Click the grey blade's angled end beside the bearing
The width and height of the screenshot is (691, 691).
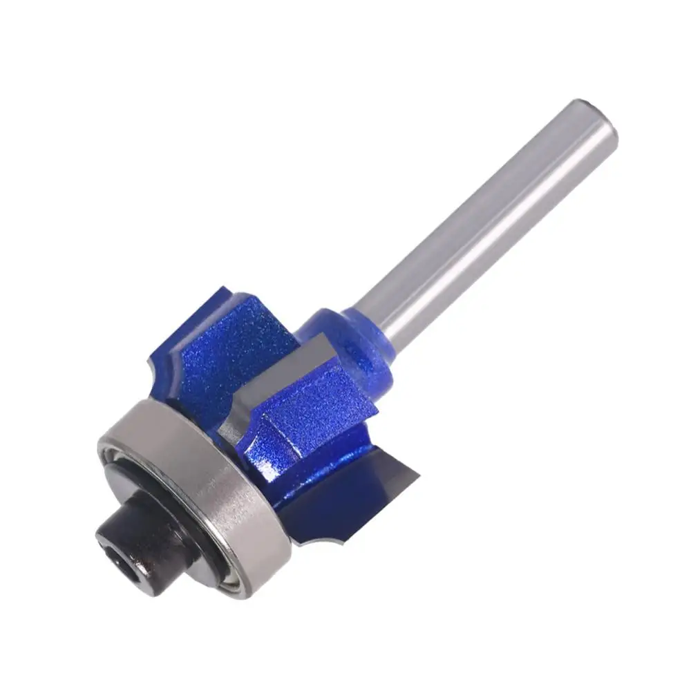pos(238,422)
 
